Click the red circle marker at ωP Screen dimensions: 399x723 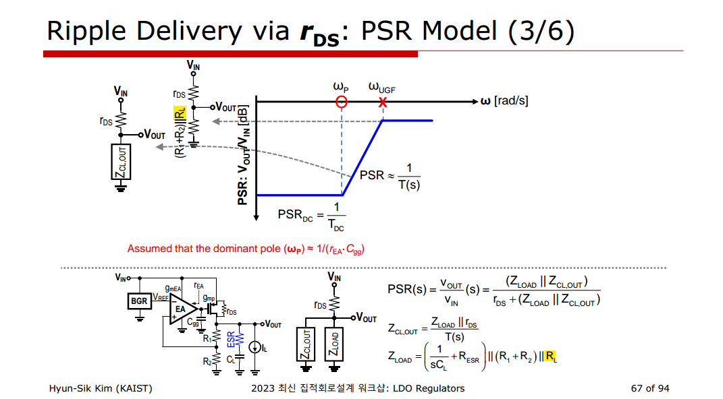tap(342, 102)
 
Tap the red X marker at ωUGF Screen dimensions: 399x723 tap(383, 102)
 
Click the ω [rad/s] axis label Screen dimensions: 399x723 tap(504, 101)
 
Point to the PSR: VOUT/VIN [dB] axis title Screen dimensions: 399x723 tap(243, 154)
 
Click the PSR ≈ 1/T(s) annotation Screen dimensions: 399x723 tap(390, 176)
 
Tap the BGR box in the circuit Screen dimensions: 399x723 tap(139, 301)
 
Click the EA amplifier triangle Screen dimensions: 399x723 tap(182, 311)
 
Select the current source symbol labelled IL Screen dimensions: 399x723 tap(255, 347)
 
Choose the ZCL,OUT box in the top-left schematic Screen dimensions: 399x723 tap(122, 162)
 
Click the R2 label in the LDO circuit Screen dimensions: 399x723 tap(207, 362)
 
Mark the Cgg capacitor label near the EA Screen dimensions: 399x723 tap(194, 324)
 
